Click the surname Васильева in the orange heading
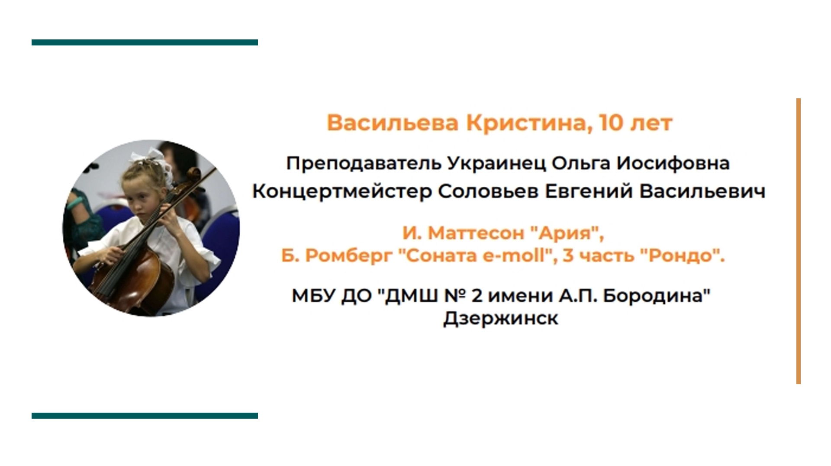[x=392, y=123]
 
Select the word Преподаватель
[x=364, y=164]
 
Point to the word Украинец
[x=496, y=164]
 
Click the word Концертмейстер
[x=342, y=192]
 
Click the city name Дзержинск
[x=501, y=319]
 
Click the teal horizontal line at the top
[x=145, y=42]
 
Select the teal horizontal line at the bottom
[x=145, y=416]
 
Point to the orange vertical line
[x=798, y=241]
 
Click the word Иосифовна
[x=673, y=164]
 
